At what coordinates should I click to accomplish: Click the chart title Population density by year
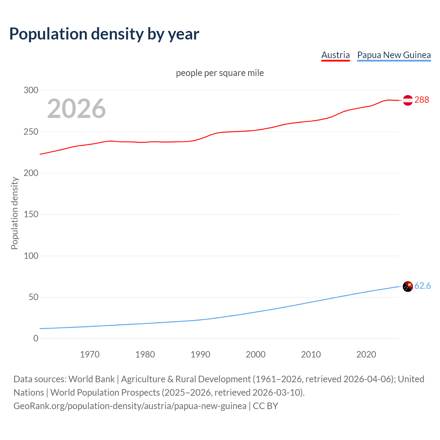pos(104,34)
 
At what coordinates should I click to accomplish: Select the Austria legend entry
pos(335,55)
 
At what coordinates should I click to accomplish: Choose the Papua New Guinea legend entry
pos(394,55)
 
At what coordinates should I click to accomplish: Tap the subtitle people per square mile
pos(220,73)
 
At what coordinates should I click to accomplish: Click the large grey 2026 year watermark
pos(76,109)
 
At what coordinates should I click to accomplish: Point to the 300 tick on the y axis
pos(31,90)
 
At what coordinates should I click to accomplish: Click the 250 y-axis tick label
pos(31,132)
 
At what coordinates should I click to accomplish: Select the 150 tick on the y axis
pos(31,214)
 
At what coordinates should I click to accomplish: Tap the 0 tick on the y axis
pos(36,339)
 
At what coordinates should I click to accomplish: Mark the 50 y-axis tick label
pos(33,297)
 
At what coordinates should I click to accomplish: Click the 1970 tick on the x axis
pos(90,354)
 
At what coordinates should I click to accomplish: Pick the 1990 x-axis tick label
pos(200,354)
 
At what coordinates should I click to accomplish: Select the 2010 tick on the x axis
pos(311,354)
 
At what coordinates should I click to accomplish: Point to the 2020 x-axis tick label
pos(366,354)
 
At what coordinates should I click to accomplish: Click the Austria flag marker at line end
pos(408,100)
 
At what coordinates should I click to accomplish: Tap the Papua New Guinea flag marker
pos(408,286)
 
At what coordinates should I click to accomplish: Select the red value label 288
pos(422,100)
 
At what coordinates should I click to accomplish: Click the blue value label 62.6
pos(422,286)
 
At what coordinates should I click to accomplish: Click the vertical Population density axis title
pos(14,213)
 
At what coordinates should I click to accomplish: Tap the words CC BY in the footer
pos(265,406)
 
